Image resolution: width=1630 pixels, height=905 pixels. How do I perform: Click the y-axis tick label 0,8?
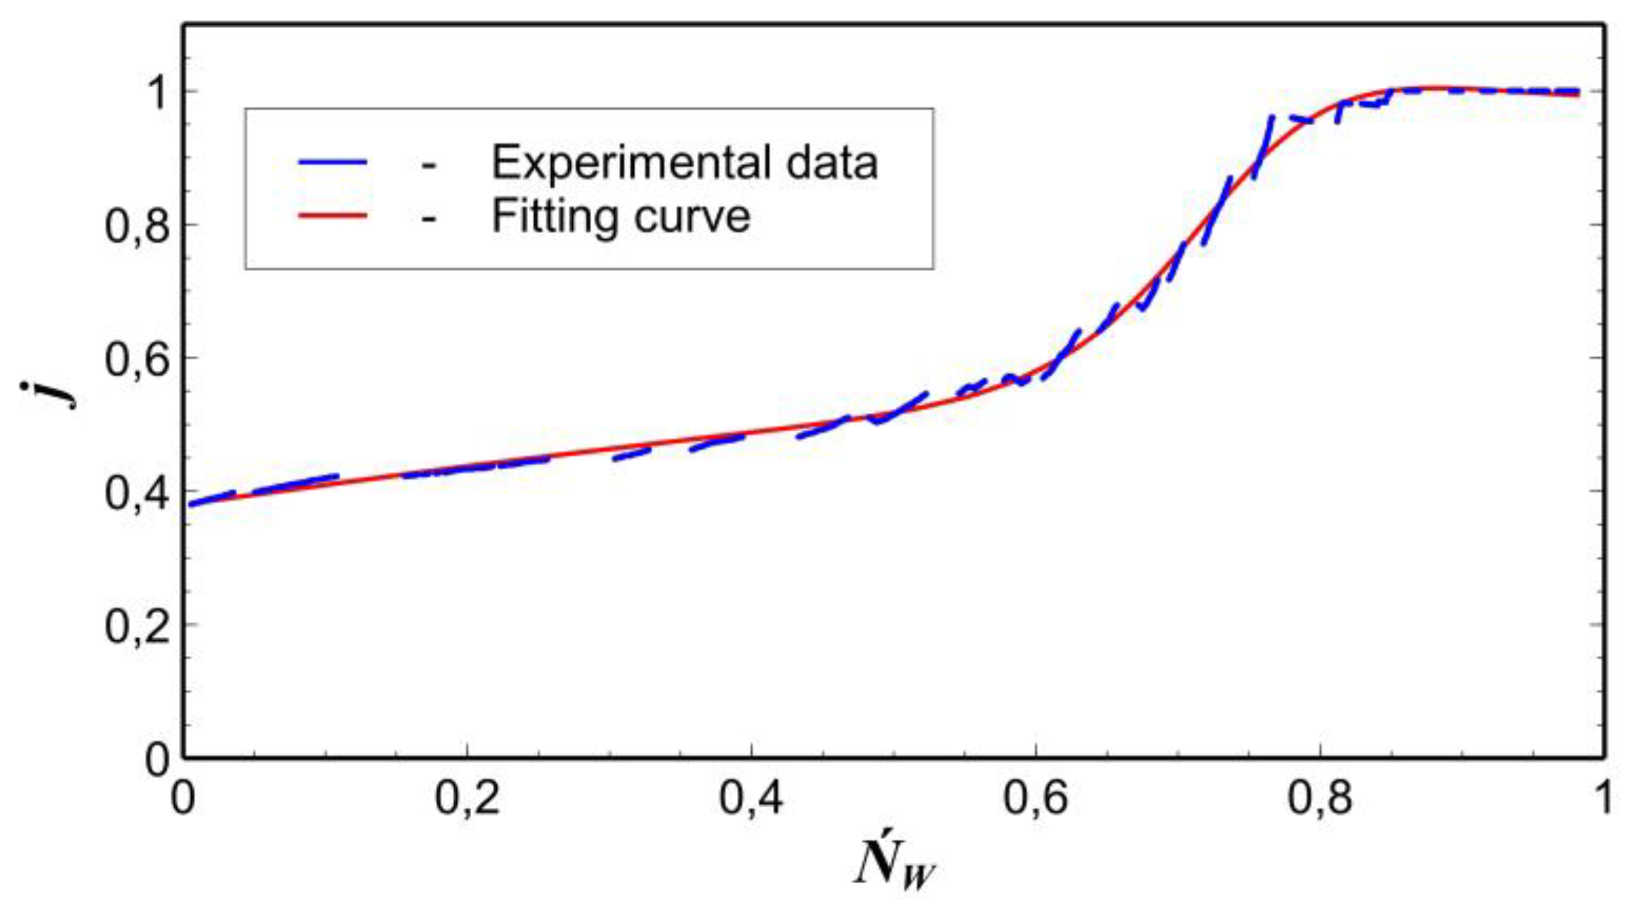(x=138, y=226)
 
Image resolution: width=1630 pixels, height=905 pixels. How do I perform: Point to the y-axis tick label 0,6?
(x=138, y=359)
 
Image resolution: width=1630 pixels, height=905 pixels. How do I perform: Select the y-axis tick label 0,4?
(x=138, y=492)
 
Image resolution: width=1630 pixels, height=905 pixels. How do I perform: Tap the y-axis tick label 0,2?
(x=138, y=625)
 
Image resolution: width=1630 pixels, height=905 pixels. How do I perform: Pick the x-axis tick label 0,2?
(x=468, y=798)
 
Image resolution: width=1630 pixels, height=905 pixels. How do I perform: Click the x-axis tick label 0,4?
(x=751, y=798)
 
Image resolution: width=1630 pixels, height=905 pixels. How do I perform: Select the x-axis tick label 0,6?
(x=1035, y=798)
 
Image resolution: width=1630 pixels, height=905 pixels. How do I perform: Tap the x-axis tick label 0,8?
(x=1320, y=798)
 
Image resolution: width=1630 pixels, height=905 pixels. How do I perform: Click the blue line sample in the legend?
(x=333, y=162)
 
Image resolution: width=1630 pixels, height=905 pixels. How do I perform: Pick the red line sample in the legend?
(x=333, y=216)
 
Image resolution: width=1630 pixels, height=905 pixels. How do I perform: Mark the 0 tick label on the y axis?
(x=157, y=758)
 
